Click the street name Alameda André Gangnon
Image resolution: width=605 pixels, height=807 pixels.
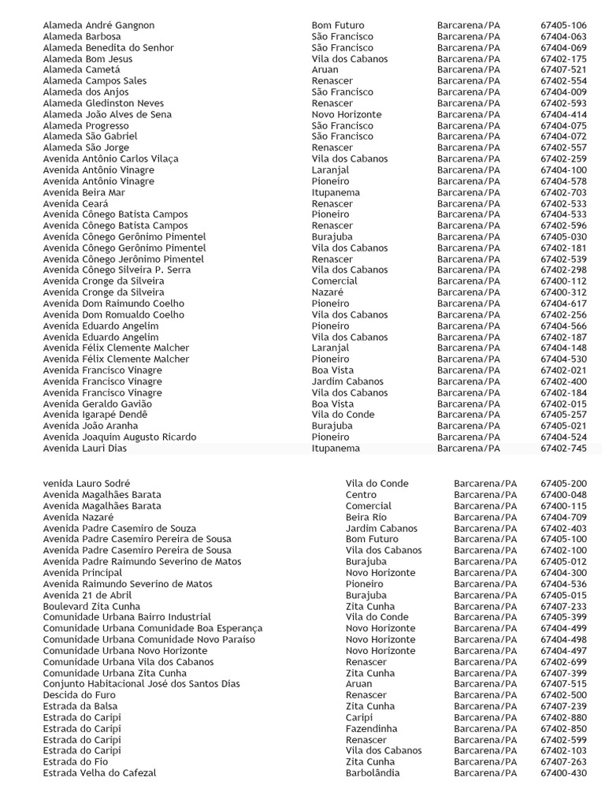click(x=98, y=25)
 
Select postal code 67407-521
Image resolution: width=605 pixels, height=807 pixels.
click(x=563, y=70)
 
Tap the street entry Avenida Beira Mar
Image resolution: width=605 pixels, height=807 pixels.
click(x=84, y=192)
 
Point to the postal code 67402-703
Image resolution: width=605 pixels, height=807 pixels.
click(x=563, y=192)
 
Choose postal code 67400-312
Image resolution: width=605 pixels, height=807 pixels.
click(x=563, y=292)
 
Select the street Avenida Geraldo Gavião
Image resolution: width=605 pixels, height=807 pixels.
click(x=97, y=403)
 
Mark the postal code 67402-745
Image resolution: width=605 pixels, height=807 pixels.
click(x=563, y=448)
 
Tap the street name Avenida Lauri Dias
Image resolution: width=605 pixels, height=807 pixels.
click(x=85, y=448)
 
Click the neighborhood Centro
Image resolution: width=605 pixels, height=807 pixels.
click(x=362, y=495)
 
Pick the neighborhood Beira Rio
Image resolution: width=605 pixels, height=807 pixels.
click(x=366, y=517)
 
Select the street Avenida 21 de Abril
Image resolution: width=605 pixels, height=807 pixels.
click(x=87, y=595)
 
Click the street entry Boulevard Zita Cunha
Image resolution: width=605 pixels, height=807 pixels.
click(x=92, y=606)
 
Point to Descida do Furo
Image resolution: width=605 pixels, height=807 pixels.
click(x=79, y=695)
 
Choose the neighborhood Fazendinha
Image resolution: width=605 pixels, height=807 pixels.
click(x=372, y=729)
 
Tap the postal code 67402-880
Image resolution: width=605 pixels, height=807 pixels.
click(x=563, y=718)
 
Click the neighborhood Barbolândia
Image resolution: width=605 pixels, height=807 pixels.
click(x=373, y=773)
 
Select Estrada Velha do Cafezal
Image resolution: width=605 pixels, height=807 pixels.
click(x=99, y=773)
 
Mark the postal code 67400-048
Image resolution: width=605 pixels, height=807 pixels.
click(x=563, y=495)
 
